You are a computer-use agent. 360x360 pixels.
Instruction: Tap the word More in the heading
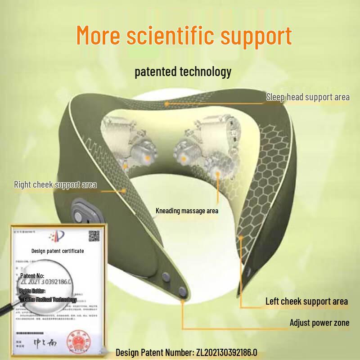click(x=99, y=35)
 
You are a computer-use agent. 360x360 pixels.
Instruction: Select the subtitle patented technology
click(x=183, y=72)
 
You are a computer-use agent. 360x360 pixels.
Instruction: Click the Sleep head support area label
click(x=307, y=97)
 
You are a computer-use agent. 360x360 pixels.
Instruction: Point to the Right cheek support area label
click(x=55, y=184)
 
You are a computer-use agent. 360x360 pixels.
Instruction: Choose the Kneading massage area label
click(x=187, y=211)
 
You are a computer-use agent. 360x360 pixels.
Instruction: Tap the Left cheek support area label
click(x=306, y=301)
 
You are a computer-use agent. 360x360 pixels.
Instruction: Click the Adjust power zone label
click(x=319, y=323)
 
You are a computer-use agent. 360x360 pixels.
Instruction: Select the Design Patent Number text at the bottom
click(x=189, y=352)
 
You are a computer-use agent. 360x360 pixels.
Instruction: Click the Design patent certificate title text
click(x=57, y=251)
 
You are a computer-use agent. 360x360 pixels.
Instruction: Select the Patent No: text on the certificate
click(x=32, y=275)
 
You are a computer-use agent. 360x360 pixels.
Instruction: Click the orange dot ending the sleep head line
click(x=166, y=103)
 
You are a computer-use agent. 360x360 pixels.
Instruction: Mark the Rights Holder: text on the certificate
click(x=32, y=291)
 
